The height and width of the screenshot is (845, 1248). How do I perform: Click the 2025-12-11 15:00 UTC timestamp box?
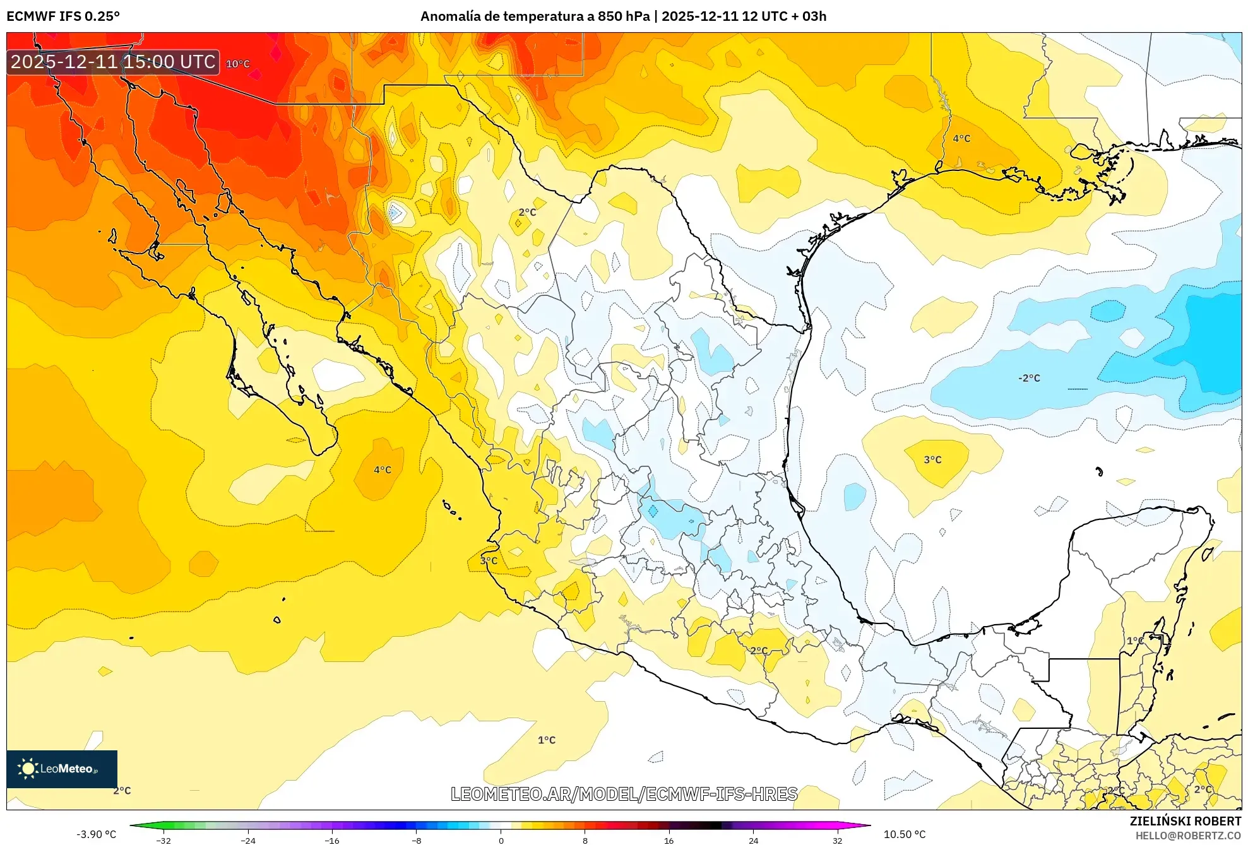[113, 62]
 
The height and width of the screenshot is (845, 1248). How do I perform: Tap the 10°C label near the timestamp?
[238, 64]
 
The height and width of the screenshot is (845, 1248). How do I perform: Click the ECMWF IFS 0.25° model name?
[63, 16]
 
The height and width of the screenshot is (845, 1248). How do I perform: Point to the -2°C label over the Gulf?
[1029, 378]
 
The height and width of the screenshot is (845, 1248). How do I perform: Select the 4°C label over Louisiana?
[961, 138]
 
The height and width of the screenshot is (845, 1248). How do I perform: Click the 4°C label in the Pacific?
[383, 470]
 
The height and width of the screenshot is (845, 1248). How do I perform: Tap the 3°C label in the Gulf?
[932, 459]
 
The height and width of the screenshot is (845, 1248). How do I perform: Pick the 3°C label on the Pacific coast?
[489, 560]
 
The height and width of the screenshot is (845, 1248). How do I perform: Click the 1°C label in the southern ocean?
[547, 740]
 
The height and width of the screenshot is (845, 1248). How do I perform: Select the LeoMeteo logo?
[62, 769]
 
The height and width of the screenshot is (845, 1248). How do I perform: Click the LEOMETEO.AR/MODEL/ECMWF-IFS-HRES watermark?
[624, 794]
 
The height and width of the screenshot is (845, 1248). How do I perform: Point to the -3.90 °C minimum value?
[97, 834]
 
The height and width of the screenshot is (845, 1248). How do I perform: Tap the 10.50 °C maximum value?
[905, 834]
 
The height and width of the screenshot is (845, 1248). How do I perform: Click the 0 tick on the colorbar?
[501, 841]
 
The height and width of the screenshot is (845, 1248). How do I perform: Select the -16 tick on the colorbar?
[332, 841]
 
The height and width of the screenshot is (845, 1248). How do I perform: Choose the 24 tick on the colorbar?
[753, 841]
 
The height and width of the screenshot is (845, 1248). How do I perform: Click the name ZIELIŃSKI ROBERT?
[1186, 821]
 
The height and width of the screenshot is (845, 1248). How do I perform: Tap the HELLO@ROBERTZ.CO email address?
[1188, 836]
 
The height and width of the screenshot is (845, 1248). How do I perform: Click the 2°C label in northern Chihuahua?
[527, 212]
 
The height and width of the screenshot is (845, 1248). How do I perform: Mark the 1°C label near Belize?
[1135, 641]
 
